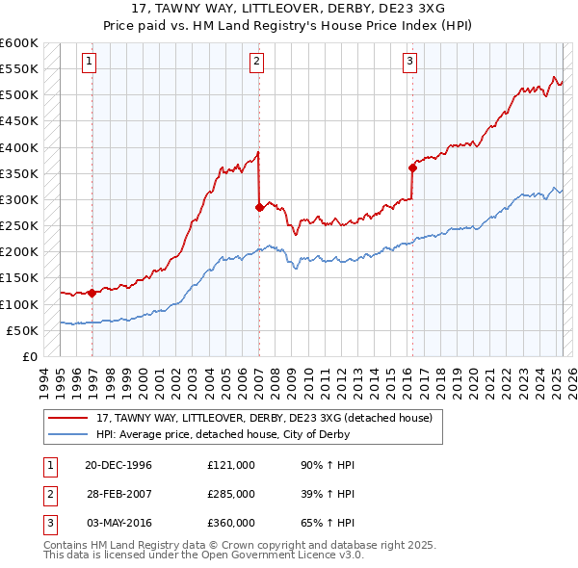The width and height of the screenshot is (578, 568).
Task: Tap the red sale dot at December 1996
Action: (92, 293)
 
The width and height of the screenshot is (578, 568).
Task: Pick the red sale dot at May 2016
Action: (412, 168)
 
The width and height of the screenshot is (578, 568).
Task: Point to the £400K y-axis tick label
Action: (18, 147)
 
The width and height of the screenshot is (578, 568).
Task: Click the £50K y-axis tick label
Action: (21, 330)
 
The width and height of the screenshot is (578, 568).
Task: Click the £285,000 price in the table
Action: (230, 494)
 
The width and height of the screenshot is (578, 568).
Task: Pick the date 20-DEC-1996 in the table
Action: (118, 465)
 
